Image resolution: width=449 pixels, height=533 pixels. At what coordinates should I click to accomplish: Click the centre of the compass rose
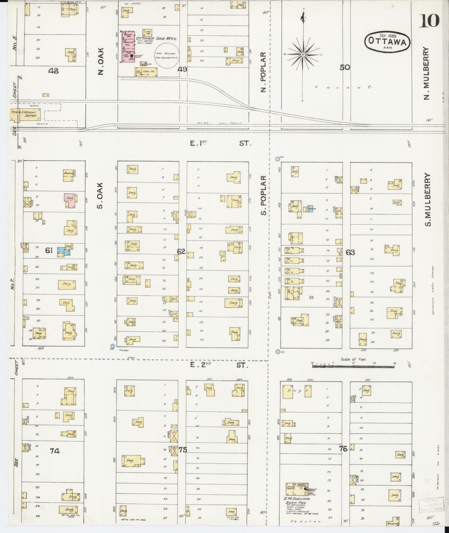(x=303, y=54)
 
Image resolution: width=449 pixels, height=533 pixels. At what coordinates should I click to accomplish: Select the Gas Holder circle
(x=167, y=55)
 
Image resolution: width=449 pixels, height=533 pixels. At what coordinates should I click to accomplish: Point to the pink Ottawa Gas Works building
(x=129, y=46)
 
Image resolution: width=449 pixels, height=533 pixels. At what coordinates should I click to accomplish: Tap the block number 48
(x=53, y=71)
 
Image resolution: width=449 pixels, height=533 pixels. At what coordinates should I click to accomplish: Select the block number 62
(x=181, y=252)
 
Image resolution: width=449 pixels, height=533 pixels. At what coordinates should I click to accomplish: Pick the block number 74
(x=55, y=451)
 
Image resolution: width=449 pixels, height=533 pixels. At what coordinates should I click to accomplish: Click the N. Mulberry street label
(x=426, y=73)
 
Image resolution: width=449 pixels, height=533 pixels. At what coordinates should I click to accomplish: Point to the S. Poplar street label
(x=263, y=195)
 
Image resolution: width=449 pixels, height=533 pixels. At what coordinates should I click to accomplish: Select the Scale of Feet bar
(x=353, y=366)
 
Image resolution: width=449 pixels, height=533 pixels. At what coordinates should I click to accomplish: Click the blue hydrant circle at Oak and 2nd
(x=112, y=346)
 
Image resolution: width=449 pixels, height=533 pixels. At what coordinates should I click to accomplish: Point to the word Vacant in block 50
(x=344, y=87)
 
